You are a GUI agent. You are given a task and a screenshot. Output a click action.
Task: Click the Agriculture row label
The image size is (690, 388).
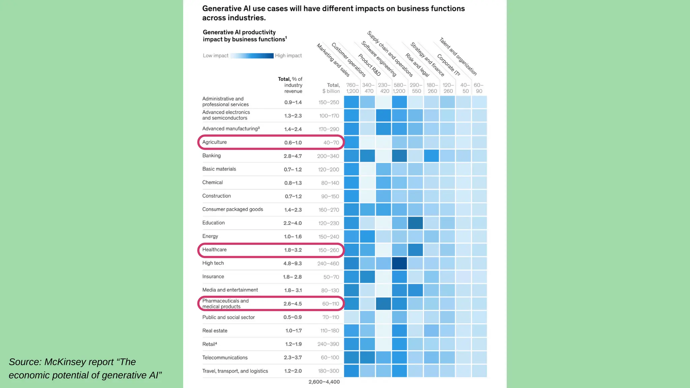click(x=215, y=142)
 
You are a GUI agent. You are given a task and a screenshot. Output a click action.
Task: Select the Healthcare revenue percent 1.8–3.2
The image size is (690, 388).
click(x=292, y=250)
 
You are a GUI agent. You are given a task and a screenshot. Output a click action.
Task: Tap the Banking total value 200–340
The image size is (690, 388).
click(x=328, y=156)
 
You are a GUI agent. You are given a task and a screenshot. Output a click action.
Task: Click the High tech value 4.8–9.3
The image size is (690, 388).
click(x=292, y=263)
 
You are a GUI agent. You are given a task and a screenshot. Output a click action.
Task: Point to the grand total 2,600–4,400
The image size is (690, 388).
click(x=324, y=382)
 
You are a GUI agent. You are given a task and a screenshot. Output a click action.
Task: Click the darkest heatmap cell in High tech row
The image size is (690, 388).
click(x=399, y=263)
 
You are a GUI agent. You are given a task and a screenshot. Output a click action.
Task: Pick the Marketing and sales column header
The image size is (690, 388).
click(x=333, y=60)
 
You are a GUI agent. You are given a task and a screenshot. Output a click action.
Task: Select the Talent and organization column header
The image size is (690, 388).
click(x=458, y=56)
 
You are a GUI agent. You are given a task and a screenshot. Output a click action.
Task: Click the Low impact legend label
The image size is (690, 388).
click(x=215, y=56)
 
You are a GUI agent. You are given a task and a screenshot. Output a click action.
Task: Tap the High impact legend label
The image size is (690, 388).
click(x=288, y=56)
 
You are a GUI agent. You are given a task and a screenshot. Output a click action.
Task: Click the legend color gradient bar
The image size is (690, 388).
click(x=252, y=56)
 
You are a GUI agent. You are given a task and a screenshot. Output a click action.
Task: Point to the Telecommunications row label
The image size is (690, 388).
click(x=225, y=357)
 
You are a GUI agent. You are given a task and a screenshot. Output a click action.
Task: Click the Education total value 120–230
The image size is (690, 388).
click(x=328, y=223)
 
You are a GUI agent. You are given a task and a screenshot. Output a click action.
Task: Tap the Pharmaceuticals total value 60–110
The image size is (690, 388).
click(x=330, y=304)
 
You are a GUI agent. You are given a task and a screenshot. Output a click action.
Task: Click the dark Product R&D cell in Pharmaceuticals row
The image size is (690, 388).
click(x=383, y=304)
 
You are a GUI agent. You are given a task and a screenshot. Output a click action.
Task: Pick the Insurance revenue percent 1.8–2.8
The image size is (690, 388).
click(x=292, y=277)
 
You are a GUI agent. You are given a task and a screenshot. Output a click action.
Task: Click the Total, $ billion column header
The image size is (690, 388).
click(x=331, y=88)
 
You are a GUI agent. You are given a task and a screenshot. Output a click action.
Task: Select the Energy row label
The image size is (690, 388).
click(x=210, y=236)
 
